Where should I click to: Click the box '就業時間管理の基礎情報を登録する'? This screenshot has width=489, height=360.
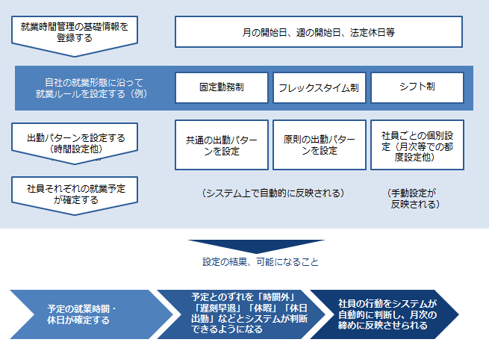tap(74, 32)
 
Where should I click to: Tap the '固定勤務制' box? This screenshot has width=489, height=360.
tap(221, 87)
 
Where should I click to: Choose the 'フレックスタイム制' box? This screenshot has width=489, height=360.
tap(318, 87)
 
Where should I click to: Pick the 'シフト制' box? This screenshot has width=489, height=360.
tap(417, 87)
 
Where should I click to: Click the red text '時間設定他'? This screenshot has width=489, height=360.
tap(75, 149)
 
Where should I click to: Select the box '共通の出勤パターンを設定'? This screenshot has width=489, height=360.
tap(221, 144)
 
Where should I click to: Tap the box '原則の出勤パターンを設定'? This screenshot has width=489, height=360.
tap(318, 144)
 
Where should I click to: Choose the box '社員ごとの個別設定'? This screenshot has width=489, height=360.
tap(417, 144)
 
